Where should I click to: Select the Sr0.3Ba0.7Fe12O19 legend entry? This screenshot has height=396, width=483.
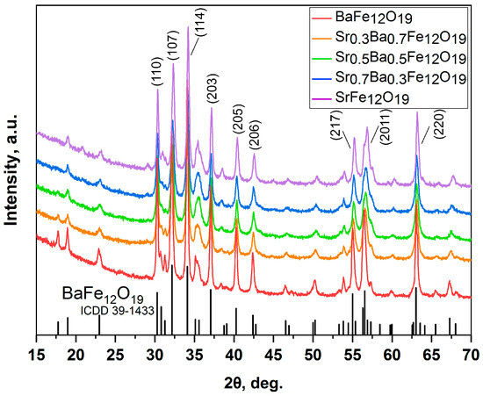(x=404, y=38)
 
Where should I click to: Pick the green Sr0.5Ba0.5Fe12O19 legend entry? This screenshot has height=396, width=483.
(x=404, y=58)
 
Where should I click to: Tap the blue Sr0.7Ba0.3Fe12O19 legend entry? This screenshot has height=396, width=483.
(x=404, y=78)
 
